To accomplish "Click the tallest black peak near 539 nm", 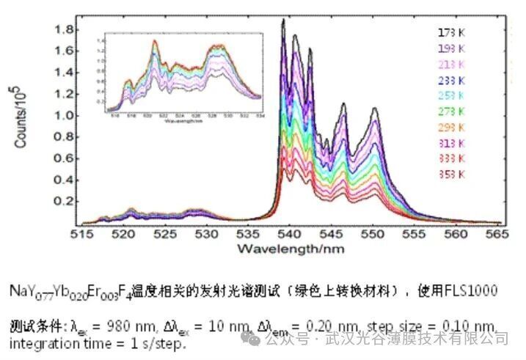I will point(283,21).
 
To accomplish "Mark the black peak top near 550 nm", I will point(375,109).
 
